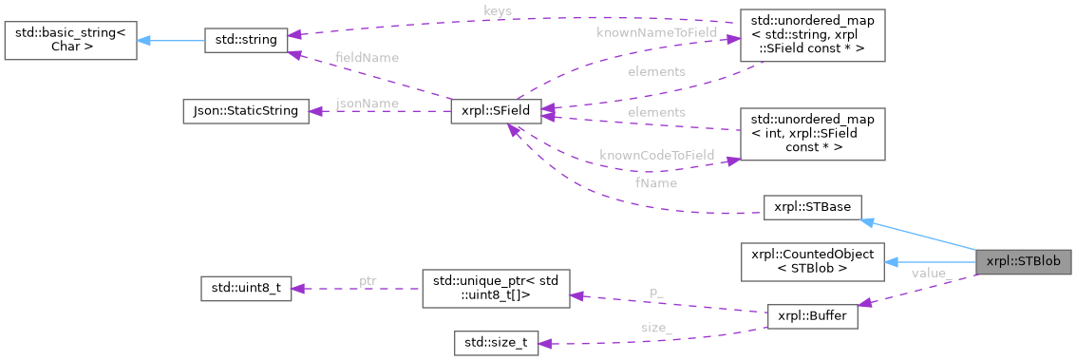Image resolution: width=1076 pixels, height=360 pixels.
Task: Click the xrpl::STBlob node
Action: pos(1026,260)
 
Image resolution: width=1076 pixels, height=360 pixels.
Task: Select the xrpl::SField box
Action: pos(497,111)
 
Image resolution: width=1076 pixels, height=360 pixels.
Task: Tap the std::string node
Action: pos(246,41)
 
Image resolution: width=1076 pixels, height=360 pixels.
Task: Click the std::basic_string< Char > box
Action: pos(68,41)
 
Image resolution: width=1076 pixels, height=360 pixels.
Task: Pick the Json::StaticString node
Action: pos(245,111)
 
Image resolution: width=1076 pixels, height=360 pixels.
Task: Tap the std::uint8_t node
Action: pos(245,288)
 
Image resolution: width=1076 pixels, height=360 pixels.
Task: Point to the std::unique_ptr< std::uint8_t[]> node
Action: pos(495,288)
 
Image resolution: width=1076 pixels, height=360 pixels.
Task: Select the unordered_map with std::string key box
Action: pos(812,39)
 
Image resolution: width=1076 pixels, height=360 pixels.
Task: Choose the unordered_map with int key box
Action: pos(812,134)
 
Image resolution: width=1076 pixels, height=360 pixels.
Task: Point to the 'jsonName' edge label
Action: pos(368,103)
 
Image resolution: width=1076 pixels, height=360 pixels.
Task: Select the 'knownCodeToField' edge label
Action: pos(656,155)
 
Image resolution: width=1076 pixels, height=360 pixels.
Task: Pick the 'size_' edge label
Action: pos(656,328)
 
